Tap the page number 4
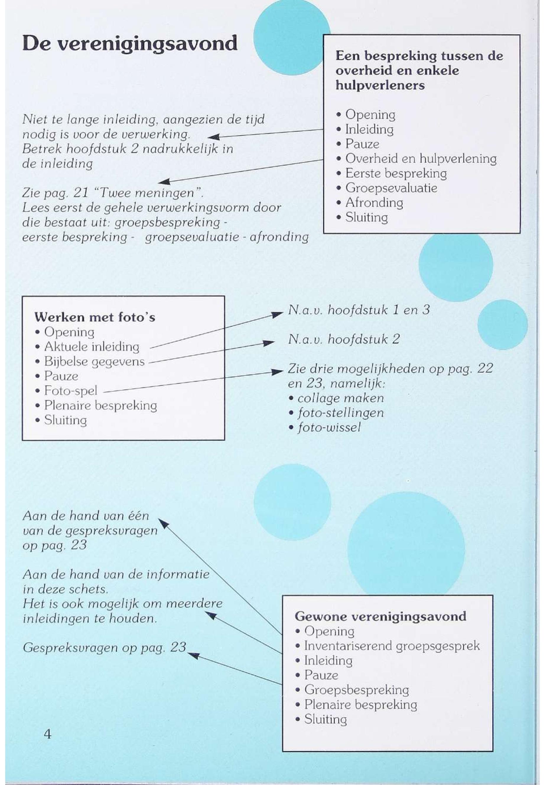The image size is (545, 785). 48,733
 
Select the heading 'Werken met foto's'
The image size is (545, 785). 95,317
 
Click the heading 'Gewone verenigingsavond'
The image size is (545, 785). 380,616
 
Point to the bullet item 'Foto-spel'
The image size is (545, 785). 71,391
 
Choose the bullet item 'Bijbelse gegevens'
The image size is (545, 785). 94,361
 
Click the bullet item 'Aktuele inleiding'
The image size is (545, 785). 92,347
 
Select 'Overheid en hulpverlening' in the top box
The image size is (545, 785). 421,159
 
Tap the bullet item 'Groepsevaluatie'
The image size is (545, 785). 391,188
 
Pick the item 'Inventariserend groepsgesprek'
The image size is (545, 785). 392,646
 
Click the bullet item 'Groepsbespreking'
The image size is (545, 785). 357,690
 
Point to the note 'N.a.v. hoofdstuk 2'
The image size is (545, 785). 344,339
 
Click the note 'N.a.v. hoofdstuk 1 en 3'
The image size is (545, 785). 359,310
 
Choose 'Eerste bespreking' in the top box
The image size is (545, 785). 396,173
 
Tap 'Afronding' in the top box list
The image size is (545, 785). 374,203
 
